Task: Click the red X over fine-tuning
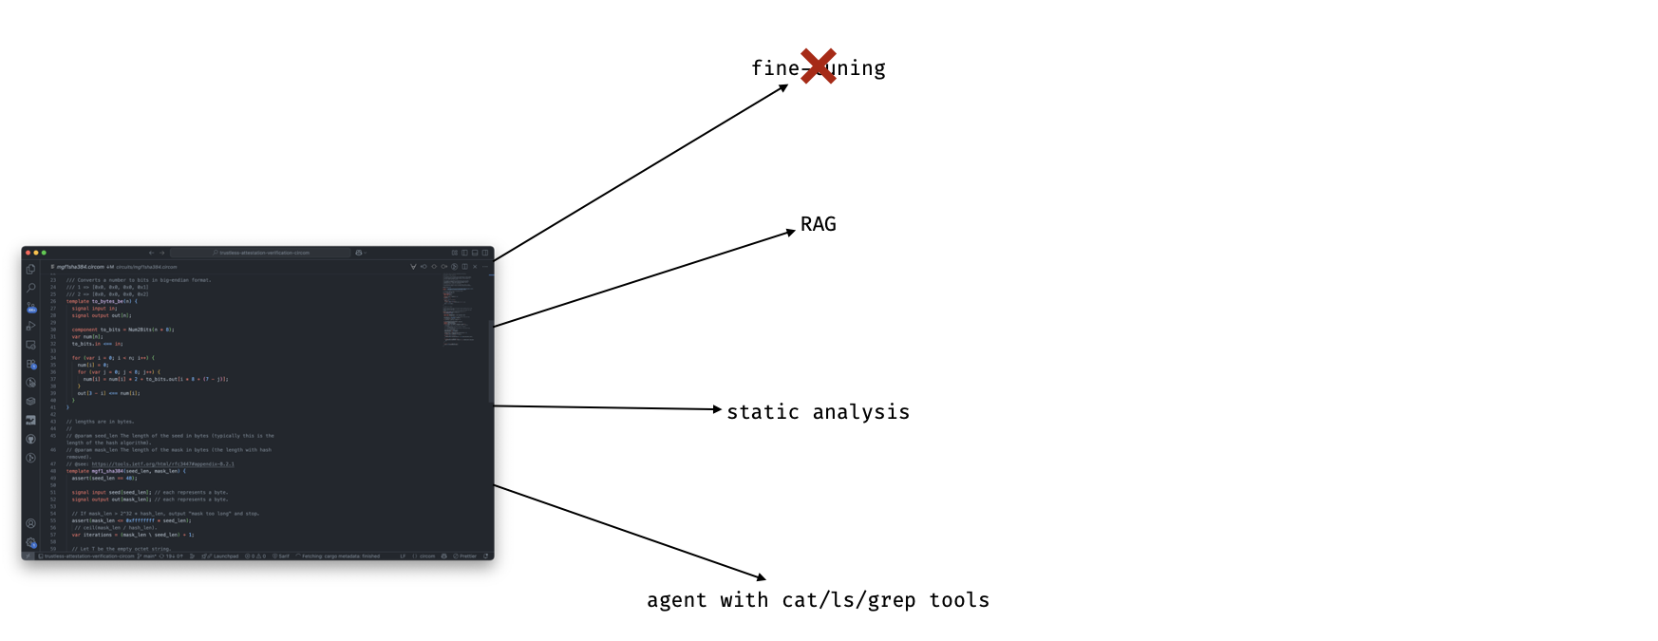tap(818, 66)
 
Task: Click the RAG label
tap(818, 224)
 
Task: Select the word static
tap(763, 412)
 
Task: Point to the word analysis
tap(860, 412)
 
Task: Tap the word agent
tap(676, 600)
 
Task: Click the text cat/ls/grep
tap(848, 600)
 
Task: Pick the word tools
tap(959, 600)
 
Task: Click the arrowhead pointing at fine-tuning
tap(784, 87)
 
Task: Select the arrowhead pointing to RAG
tap(791, 232)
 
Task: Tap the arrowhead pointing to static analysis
tap(718, 409)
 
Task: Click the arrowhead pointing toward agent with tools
tap(762, 577)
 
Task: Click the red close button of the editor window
tap(28, 253)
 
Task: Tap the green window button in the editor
tap(44, 253)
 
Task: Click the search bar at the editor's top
tap(261, 253)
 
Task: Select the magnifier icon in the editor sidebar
tap(31, 288)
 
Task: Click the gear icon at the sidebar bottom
tap(31, 542)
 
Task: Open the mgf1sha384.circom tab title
tap(79, 267)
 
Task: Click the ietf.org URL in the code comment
tap(162, 464)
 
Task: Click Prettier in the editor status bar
tap(466, 556)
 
